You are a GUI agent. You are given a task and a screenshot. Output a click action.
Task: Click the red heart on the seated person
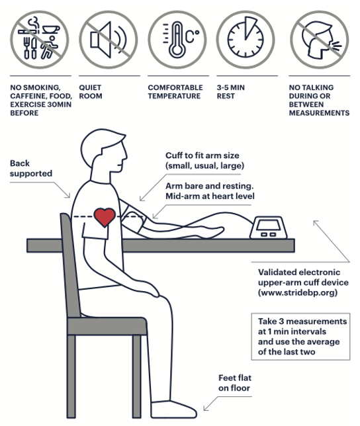105,217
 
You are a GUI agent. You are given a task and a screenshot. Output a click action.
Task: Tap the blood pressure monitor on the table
269,228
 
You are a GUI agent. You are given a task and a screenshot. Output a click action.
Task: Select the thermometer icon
177,40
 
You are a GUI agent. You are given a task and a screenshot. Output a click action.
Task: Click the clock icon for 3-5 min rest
246,40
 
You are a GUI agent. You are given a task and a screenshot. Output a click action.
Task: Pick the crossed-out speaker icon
108,40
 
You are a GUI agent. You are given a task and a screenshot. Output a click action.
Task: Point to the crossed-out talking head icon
319,40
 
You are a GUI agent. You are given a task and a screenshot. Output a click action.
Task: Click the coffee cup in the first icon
51,29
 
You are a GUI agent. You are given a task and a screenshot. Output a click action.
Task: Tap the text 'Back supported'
30,169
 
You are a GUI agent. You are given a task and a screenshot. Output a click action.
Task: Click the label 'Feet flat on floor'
235,383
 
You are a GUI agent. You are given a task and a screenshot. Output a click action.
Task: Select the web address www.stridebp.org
298,292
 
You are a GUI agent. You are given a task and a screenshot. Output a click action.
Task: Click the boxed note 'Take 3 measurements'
300,337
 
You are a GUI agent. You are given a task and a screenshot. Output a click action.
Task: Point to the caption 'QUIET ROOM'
91,91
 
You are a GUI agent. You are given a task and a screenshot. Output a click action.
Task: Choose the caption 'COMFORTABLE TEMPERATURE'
175,91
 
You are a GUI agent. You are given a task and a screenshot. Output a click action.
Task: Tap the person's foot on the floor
174,409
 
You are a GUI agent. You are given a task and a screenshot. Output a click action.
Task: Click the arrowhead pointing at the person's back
68,195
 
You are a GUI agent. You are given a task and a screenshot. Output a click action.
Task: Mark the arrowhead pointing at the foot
206,407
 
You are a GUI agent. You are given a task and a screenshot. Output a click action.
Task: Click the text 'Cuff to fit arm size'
202,155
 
